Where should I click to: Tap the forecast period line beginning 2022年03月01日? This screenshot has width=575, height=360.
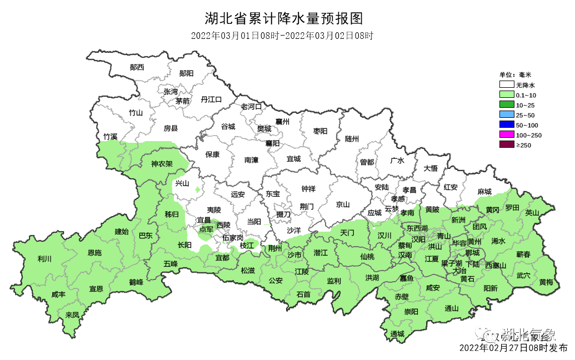[282, 36]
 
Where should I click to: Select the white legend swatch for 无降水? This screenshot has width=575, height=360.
[506, 85]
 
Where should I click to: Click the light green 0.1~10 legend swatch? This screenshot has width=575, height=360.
[506, 95]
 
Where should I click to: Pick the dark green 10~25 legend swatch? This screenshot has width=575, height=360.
[506, 105]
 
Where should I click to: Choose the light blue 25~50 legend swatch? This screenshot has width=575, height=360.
[506, 115]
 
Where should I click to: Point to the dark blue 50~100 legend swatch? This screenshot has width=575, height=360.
[506, 125]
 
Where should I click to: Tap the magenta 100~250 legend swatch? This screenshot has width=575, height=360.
[506, 135]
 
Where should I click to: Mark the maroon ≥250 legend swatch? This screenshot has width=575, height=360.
[506, 145]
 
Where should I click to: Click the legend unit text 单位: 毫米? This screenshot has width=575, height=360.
[515, 74]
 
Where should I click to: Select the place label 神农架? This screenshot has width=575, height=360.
[162, 164]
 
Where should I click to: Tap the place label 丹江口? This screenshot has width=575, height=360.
[211, 99]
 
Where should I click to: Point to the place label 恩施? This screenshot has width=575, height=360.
[94, 253]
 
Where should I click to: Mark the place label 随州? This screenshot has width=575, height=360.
[352, 138]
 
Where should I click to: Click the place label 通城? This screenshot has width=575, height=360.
[397, 334]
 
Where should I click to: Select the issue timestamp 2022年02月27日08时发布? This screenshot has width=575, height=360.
[513, 348]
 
